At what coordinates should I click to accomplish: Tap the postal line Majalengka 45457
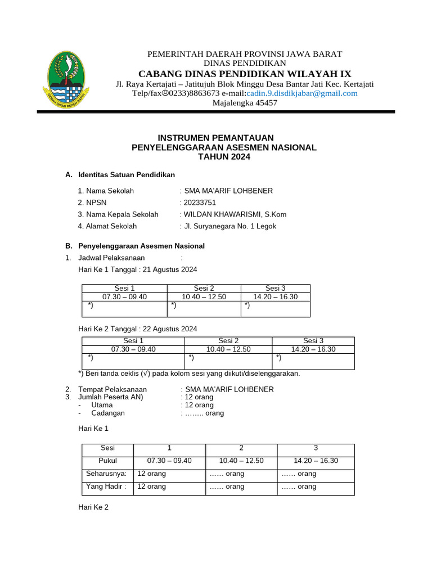click(x=245, y=103)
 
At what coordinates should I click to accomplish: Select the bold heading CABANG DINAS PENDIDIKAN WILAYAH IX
click(x=245, y=74)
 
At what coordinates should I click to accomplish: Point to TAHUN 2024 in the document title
click(x=224, y=157)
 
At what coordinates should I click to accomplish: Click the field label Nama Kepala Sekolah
click(x=118, y=214)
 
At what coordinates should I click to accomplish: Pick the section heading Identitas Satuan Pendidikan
click(x=127, y=175)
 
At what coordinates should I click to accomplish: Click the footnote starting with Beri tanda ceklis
click(x=189, y=373)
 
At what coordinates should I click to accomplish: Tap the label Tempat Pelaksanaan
click(x=112, y=389)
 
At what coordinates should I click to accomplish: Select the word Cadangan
click(x=108, y=413)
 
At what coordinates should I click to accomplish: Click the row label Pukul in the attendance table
click(x=107, y=461)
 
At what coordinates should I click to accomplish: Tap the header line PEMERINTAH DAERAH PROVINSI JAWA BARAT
click(x=245, y=54)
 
